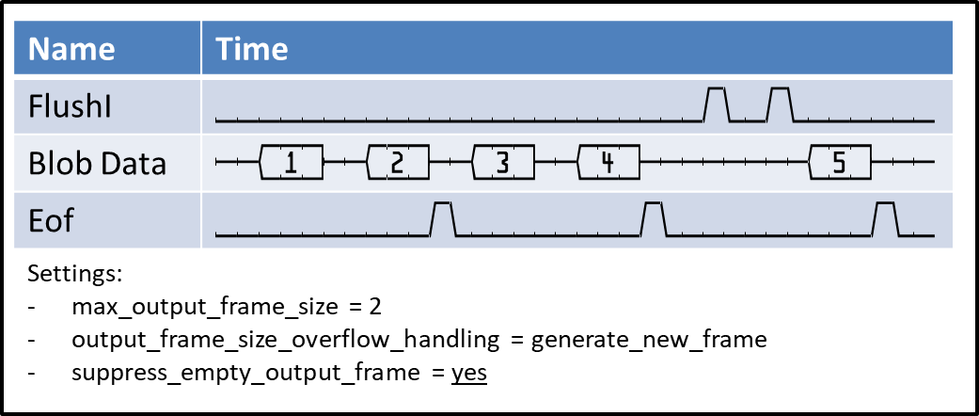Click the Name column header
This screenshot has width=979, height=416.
pos(71,48)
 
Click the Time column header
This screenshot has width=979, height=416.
pos(252,48)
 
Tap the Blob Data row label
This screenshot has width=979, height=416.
pos(97,163)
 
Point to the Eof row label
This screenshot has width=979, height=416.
pos(53,221)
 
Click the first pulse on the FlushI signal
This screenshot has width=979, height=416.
pos(717,104)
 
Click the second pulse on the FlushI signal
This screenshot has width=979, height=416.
pos(781,104)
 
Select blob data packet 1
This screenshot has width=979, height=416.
pos(292,163)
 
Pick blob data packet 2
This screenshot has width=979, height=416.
pos(397,163)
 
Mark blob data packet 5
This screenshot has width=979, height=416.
pos(839,163)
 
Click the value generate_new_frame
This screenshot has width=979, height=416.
pos(649,340)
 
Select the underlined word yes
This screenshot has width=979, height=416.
pos(469,373)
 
